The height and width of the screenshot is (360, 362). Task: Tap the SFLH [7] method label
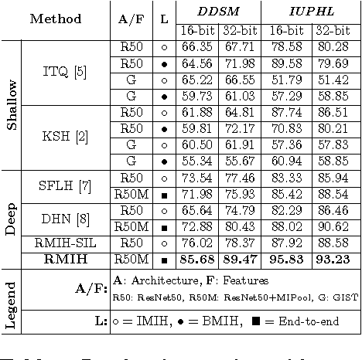click(x=67, y=186)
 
